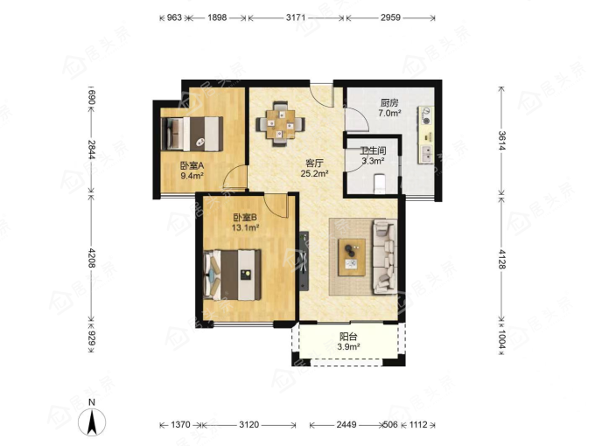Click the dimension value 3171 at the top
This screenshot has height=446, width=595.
pyautogui.click(x=295, y=17)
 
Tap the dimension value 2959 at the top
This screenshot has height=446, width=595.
pyautogui.click(x=390, y=17)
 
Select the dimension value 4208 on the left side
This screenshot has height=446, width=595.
pyautogui.click(x=92, y=258)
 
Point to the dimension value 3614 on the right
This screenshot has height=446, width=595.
pyautogui.click(x=501, y=140)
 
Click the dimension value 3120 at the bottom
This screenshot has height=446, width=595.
pyautogui.click(x=248, y=424)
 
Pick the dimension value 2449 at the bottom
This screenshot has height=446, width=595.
pyautogui.click(x=346, y=424)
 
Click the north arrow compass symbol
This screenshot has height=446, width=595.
pyautogui.click(x=92, y=422)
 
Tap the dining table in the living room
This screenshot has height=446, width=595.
pyautogui.click(x=280, y=123)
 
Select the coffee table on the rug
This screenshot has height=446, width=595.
pyautogui.click(x=352, y=257)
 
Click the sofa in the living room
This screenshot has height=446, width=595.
pyautogui.click(x=384, y=257)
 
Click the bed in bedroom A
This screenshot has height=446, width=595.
pyautogui.click(x=192, y=134)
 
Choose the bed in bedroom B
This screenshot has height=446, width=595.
pyautogui.click(x=232, y=275)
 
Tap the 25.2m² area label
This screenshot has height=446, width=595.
pyautogui.click(x=315, y=174)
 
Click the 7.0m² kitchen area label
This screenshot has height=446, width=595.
pyautogui.click(x=389, y=113)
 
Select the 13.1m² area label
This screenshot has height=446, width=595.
pyautogui.click(x=245, y=227)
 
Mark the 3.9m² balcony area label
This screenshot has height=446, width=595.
pyautogui.click(x=348, y=346)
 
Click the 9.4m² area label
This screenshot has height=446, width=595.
pyautogui.click(x=192, y=176)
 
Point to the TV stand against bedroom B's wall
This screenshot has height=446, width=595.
pyautogui.click(x=304, y=261)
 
